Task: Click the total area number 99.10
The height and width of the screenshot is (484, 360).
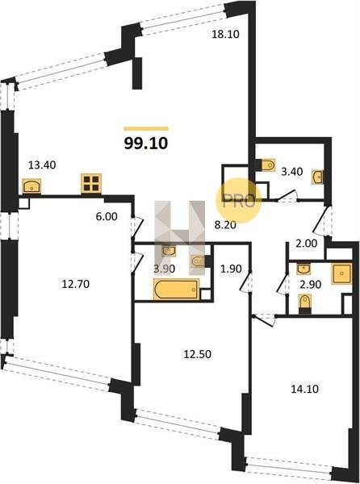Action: [146, 144]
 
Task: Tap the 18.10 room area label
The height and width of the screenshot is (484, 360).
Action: [225, 34]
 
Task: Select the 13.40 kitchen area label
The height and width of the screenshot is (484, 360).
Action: [42, 165]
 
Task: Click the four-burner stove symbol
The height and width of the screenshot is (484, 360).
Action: [91, 184]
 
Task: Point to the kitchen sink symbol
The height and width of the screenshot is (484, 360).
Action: [31, 186]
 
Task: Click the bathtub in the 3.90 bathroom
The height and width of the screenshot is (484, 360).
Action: [176, 290]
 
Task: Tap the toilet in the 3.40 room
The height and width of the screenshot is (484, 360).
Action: [266, 165]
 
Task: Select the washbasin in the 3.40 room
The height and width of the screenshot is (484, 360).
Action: [318, 177]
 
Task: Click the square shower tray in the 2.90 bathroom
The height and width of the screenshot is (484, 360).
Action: [341, 273]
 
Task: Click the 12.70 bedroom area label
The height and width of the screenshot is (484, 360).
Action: [76, 284]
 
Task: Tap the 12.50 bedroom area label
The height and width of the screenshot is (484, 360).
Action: [198, 354]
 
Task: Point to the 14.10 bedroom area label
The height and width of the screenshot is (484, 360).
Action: [305, 389]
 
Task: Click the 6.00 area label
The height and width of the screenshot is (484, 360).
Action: [107, 217]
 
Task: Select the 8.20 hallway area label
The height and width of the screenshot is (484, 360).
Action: [225, 225]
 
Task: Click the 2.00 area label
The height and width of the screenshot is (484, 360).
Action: [306, 244]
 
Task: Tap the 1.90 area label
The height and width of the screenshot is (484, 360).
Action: [231, 269]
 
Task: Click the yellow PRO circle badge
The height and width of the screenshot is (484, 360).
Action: [239, 201]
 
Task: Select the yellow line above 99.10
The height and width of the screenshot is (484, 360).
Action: [146, 129]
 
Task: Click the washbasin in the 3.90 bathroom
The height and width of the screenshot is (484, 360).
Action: [170, 251]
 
